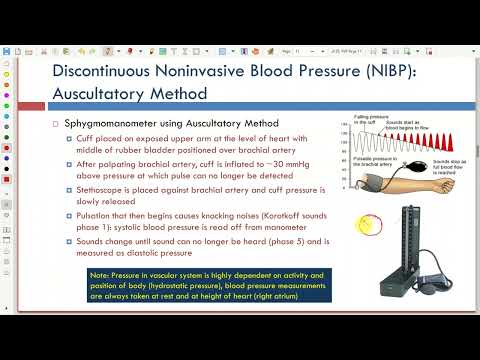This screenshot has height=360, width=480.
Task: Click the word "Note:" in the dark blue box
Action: pos(100,274)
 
